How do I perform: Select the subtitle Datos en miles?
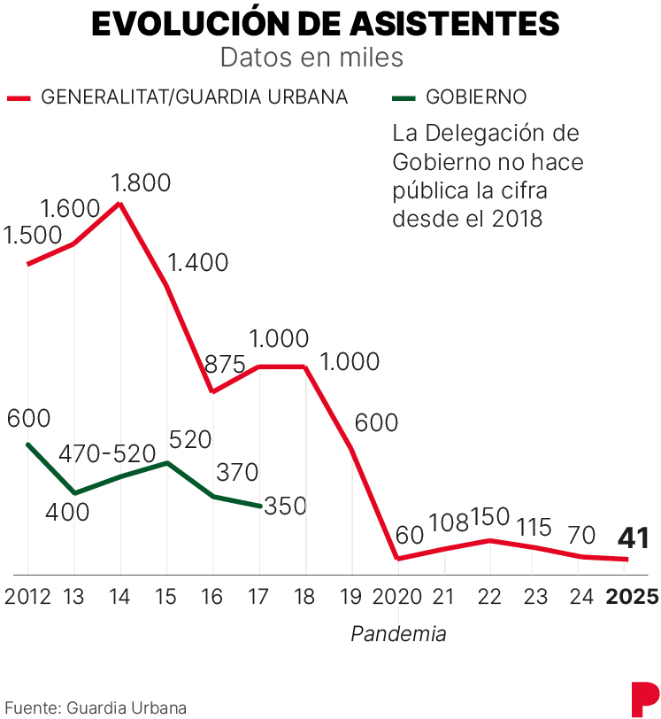[x=311, y=58]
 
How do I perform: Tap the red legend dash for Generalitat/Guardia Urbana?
[x=19, y=97]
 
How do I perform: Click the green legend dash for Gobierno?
[x=404, y=97]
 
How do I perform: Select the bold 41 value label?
[x=634, y=537]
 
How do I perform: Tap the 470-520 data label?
[x=107, y=453]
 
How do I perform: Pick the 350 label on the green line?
[x=284, y=506]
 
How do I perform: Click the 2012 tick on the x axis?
[x=27, y=596]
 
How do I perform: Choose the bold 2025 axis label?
[x=631, y=596]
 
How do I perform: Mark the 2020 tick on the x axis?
[x=398, y=596]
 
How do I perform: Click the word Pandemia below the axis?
[x=398, y=634]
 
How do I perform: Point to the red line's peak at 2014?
[x=120, y=203]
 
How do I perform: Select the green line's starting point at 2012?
[x=27, y=444]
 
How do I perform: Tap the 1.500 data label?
[x=33, y=236]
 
